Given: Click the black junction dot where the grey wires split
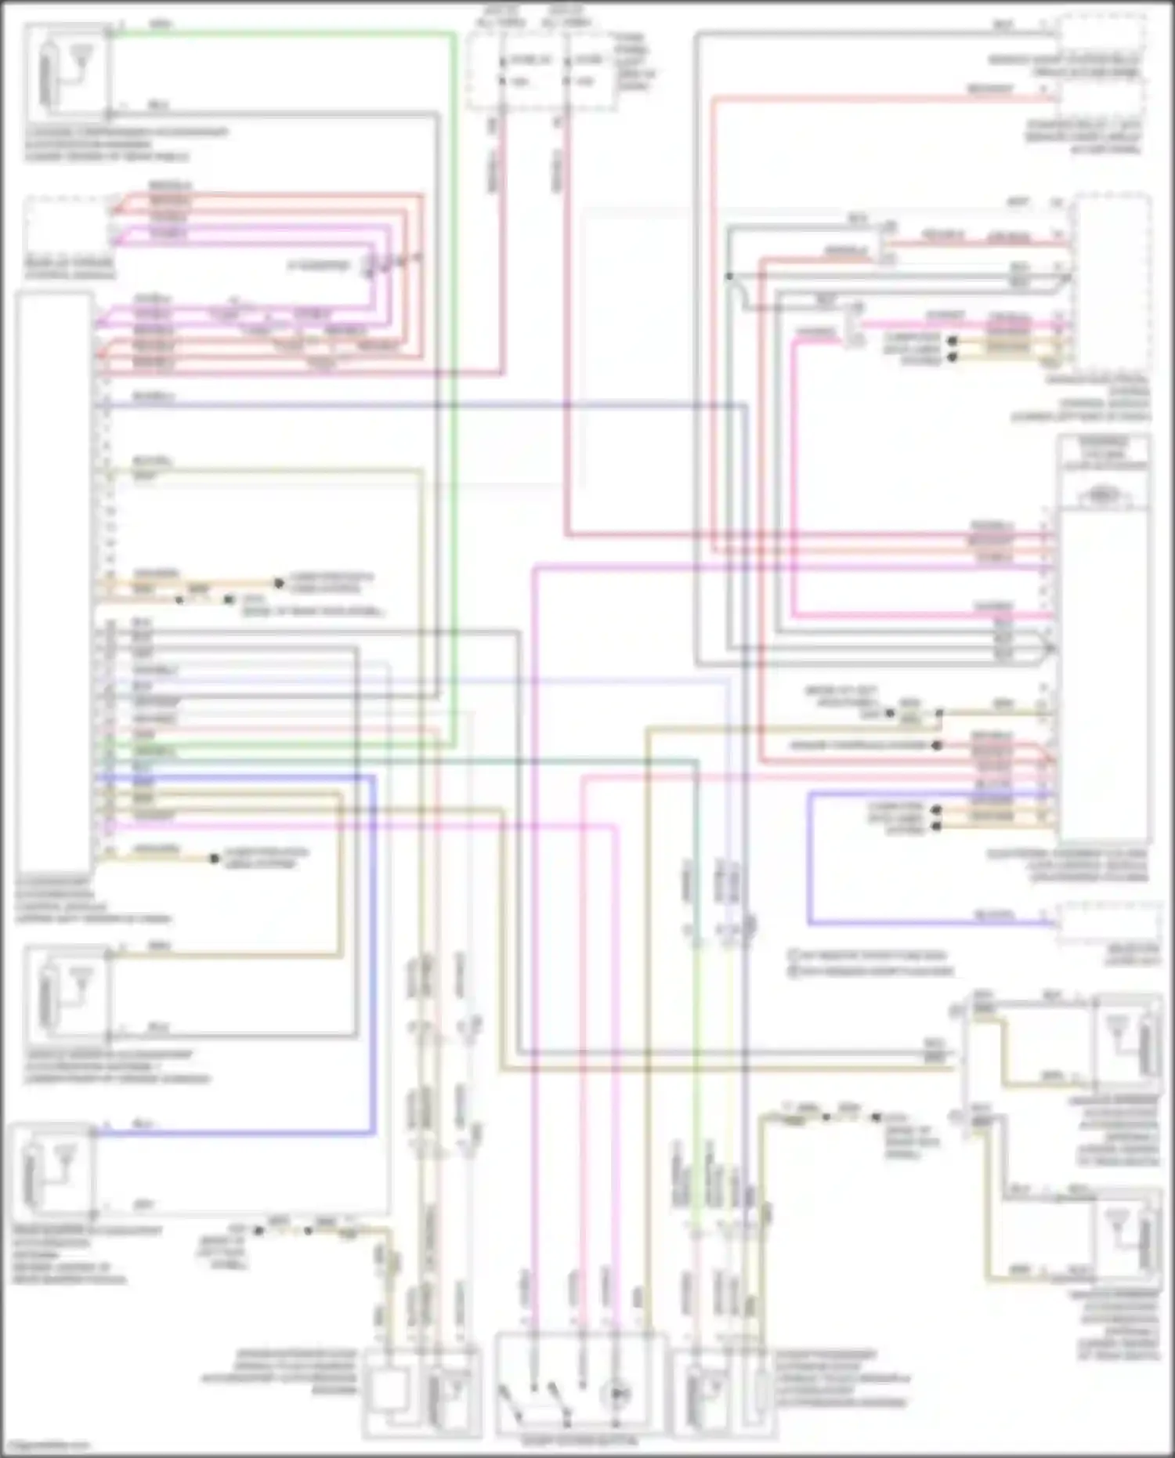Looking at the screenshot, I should click(728, 277).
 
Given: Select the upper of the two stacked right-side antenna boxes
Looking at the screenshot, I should click(1128, 1042).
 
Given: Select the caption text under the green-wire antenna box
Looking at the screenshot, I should click(125, 144).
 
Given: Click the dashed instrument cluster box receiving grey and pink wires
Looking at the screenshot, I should click(1112, 282).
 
